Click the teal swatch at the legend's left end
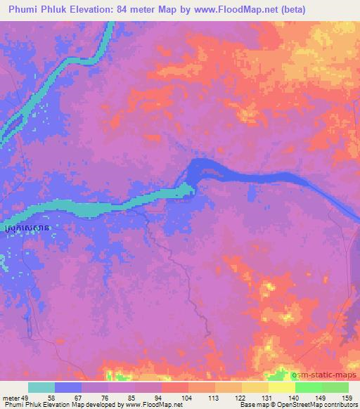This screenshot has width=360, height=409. [x=41, y=387]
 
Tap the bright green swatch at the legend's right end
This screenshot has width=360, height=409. [x=334, y=387]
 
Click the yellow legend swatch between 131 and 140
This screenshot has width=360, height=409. [x=281, y=387]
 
